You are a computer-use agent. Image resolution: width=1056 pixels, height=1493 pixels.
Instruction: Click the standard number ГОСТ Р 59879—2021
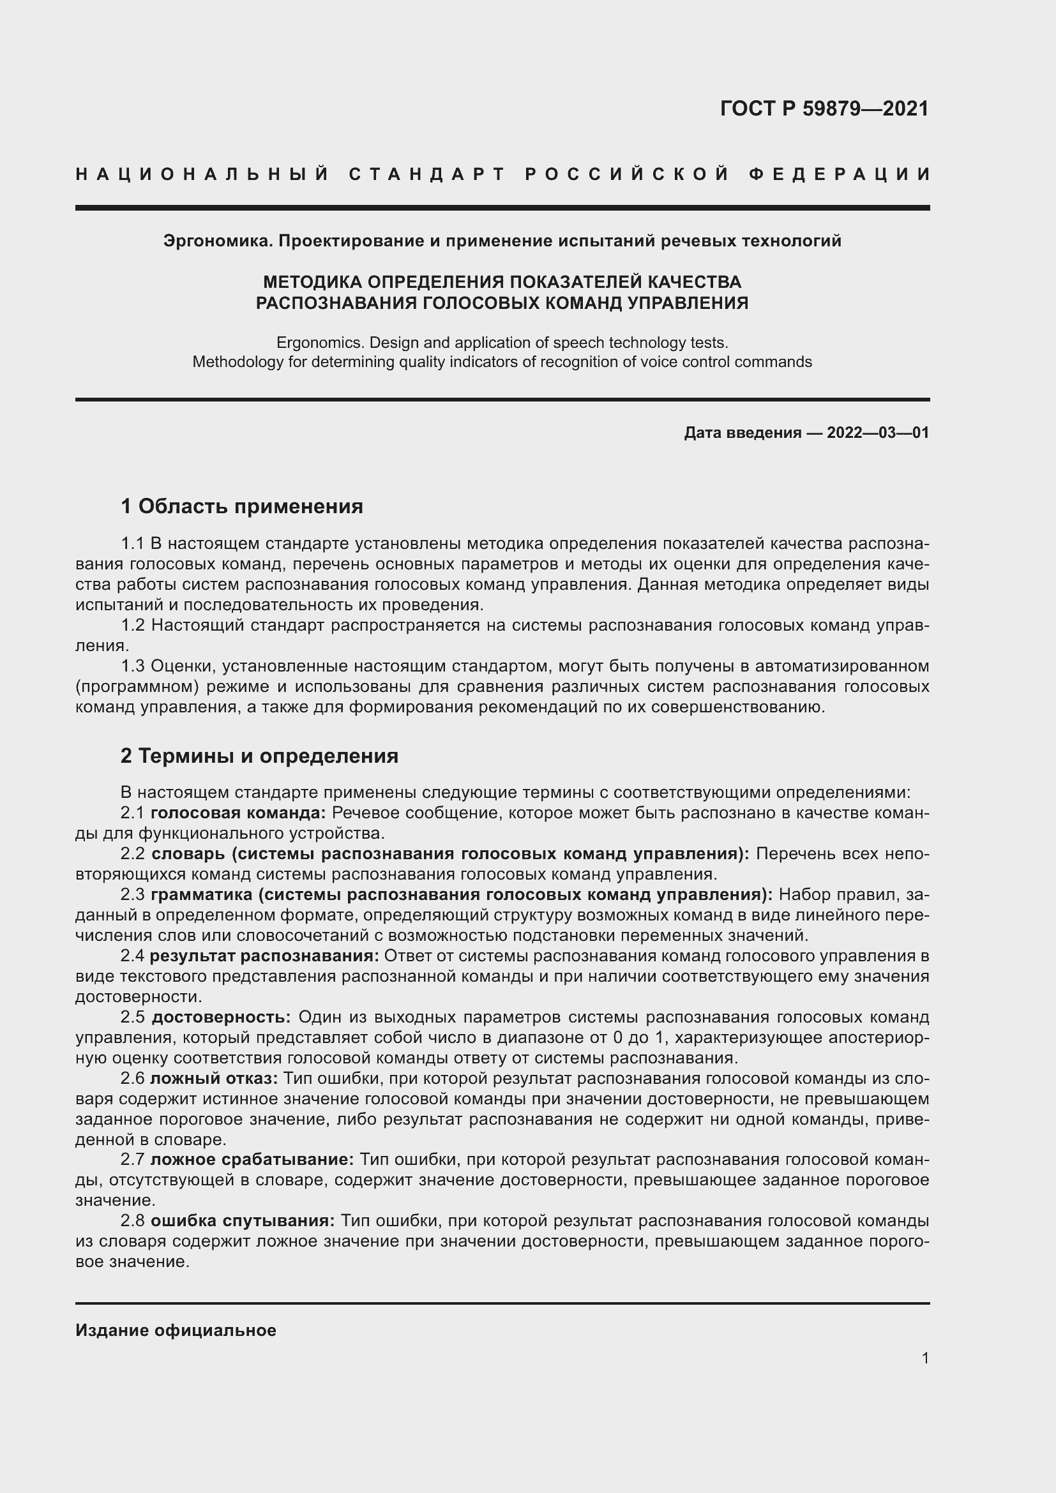(x=824, y=109)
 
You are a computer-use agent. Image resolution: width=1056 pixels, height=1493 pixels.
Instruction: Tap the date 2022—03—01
(x=877, y=433)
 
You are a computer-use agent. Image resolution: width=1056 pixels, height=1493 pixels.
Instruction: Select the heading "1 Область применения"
(x=242, y=506)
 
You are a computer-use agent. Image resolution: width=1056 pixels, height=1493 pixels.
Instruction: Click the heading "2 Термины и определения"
(x=259, y=756)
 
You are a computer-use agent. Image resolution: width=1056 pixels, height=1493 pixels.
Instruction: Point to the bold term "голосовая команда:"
(x=238, y=813)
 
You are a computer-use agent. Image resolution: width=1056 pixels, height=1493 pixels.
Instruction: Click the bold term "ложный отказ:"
(x=214, y=1078)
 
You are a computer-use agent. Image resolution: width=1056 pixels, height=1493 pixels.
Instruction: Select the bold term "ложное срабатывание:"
(x=252, y=1159)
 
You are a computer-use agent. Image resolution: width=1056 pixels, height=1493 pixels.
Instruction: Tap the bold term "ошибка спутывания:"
(x=243, y=1220)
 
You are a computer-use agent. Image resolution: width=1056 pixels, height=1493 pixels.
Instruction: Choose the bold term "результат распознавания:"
(x=264, y=956)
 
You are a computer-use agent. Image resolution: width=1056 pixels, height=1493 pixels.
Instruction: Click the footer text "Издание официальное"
(x=176, y=1330)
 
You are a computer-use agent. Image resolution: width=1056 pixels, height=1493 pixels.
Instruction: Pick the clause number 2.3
(x=133, y=895)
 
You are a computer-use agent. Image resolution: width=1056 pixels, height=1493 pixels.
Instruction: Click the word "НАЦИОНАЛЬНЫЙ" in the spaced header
(x=202, y=174)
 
